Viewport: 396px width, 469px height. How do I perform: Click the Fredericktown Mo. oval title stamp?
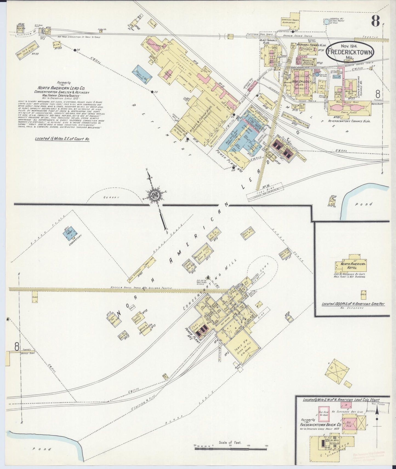click(350, 52)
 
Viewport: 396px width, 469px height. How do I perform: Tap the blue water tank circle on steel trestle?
click(326, 21)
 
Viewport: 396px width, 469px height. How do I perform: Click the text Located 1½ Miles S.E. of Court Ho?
click(62, 139)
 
